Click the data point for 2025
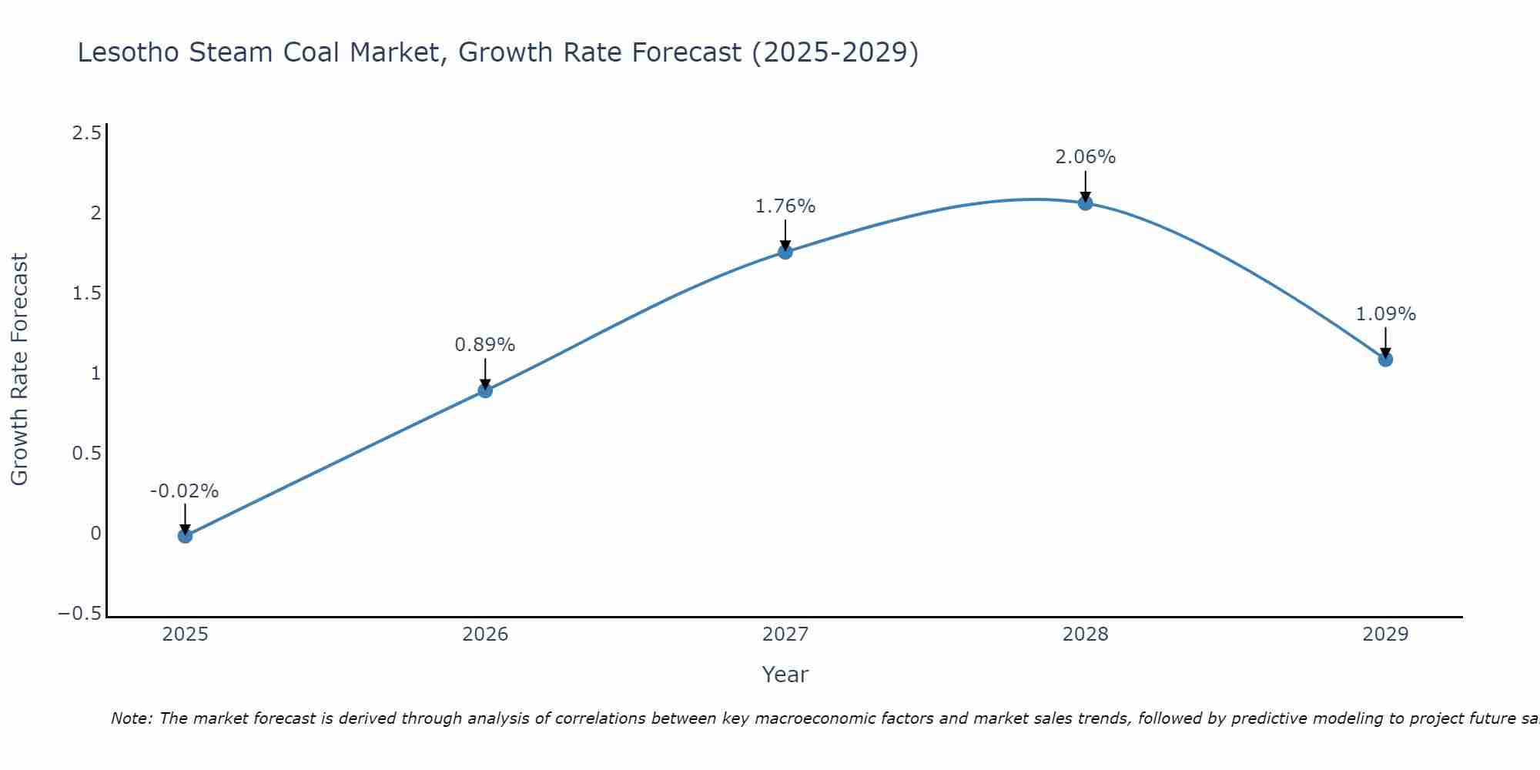tap(185, 535)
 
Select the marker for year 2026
tap(485, 390)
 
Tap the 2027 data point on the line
tap(785, 251)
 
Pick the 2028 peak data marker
tap(1086, 203)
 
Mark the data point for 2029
tap(1385, 359)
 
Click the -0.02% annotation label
tap(185, 491)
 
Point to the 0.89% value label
tap(485, 345)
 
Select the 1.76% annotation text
tap(785, 206)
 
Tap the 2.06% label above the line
tap(1086, 157)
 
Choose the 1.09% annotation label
tap(1385, 314)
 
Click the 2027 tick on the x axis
tap(785, 634)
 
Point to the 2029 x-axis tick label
tap(1385, 634)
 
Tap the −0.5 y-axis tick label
tap(80, 614)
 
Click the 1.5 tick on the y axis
tap(87, 293)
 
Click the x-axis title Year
tap(785, 675)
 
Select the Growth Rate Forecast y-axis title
tap(20, 370)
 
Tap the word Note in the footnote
tap(132, 718)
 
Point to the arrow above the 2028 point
tap(1086, 185)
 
